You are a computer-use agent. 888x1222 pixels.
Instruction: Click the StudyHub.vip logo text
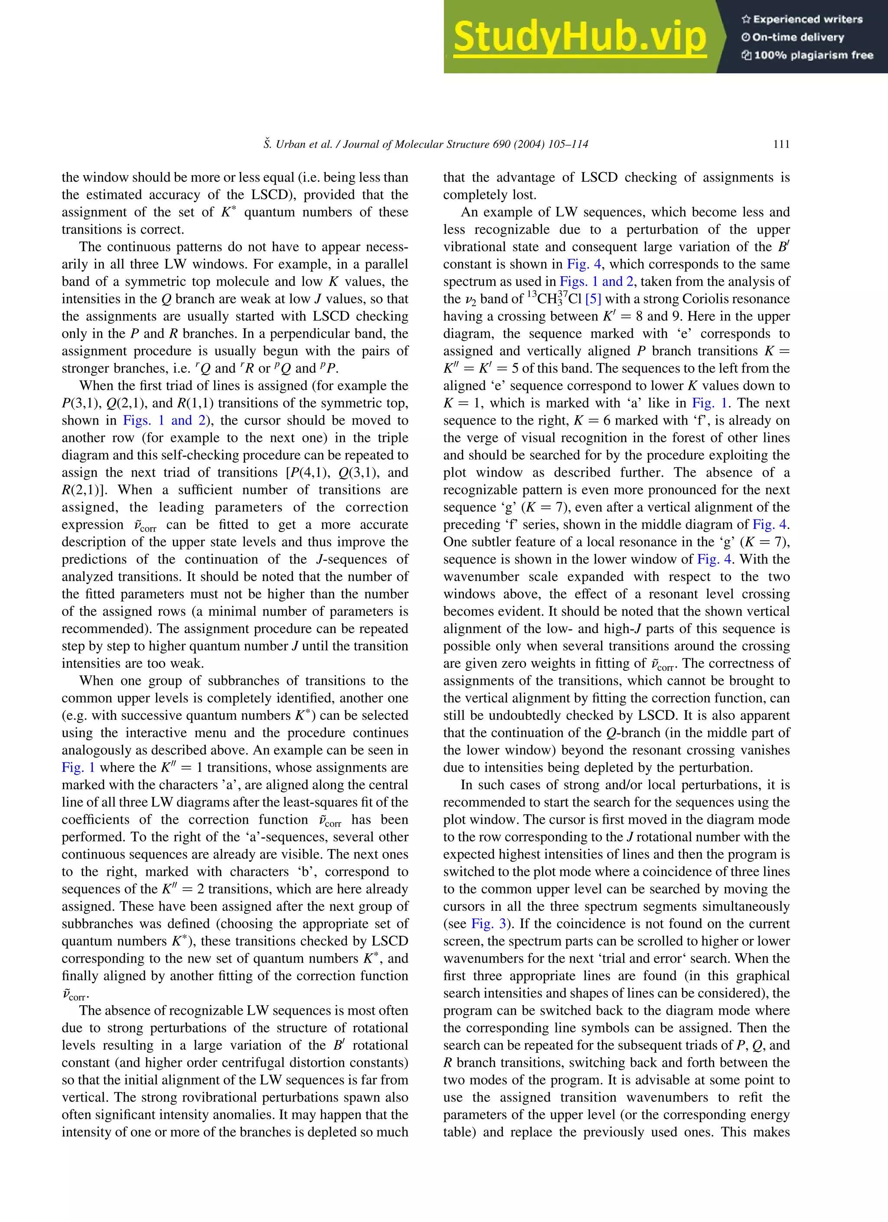coord(579,36)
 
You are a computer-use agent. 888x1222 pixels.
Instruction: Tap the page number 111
coord(781,144)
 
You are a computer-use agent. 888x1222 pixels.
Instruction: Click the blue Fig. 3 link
coord(489,924)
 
